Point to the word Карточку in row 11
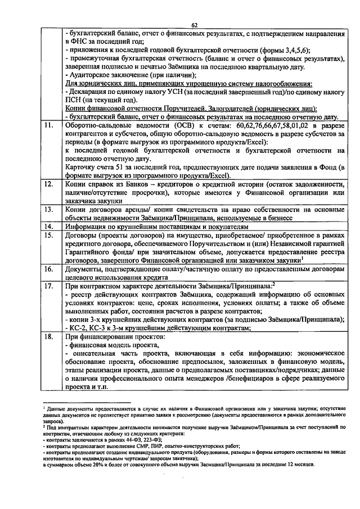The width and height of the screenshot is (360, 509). click(x=82, y=167)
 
